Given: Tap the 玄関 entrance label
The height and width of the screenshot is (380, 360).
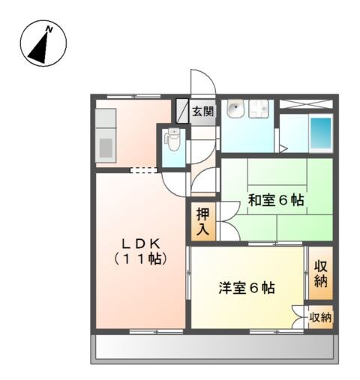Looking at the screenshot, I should (x=202, y=112).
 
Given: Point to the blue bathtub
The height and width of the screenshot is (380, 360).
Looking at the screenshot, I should (x=321, y=133).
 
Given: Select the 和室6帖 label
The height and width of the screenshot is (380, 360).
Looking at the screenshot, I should (x=276, y=200).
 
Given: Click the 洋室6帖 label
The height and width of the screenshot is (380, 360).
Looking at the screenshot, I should (x=247, y=288).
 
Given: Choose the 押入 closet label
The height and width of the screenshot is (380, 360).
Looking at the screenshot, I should (x=202, y=223).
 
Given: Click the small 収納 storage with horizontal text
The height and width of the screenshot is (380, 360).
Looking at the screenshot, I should (x=321, y=318).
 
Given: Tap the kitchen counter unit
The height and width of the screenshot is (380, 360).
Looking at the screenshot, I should (x=105, y=135).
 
